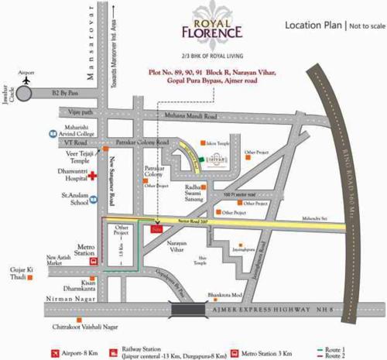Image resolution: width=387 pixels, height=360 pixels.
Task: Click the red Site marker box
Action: tap(157, 229)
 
